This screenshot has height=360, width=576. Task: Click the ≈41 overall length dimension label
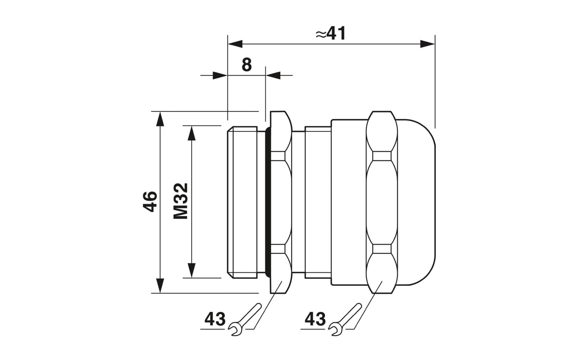coord(331,33)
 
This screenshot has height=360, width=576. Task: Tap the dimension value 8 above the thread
coord(247,65)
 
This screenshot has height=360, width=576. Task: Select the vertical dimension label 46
coord(150,201)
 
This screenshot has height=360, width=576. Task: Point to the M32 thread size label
coord(181,201)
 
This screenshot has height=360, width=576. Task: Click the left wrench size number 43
coord(215,319)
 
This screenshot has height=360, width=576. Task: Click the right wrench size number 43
coord(315,319)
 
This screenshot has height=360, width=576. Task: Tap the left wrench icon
coord(245,319)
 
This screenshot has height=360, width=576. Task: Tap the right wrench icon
coord(345,319)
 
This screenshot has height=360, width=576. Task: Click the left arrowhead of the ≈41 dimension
coord(235,44)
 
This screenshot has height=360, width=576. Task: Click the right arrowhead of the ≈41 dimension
coord(427,44)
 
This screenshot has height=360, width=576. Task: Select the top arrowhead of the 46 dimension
coord(160,119)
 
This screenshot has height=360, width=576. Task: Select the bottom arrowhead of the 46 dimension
coord(160,285)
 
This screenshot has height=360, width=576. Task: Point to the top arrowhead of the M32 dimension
coord(192,133)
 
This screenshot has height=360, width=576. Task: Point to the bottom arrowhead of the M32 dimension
coord(192,270)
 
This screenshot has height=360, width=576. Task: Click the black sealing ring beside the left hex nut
coord(268,202)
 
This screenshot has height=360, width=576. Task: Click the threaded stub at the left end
coord(242,202)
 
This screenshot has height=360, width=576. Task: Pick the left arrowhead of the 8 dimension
coord(220,75)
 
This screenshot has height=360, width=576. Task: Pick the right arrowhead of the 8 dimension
coord(273,75)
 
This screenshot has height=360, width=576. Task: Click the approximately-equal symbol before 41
coord(321,35)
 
